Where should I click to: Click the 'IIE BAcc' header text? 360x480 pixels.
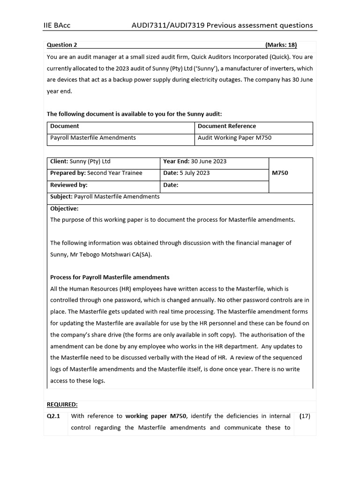point(57,25)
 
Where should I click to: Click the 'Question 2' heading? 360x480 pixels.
point(62,45)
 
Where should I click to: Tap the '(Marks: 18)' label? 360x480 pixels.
point(281,45)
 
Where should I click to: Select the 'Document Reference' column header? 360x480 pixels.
point(227,126)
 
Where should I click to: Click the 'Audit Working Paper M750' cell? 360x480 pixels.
point(234,138)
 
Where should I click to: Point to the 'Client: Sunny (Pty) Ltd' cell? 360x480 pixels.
point(80,161)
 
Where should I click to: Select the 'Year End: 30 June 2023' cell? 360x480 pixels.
point(195,161)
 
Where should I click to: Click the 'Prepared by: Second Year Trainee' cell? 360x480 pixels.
point(96,173)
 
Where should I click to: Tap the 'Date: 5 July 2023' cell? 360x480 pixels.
point(186,173)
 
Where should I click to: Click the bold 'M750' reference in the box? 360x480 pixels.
point(280,173)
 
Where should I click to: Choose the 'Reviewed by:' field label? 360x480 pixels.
point(69,185)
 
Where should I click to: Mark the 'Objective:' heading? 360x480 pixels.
point(64,209)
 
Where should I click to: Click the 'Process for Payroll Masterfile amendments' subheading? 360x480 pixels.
point(110,277)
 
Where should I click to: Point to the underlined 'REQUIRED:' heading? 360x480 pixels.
point(62,405)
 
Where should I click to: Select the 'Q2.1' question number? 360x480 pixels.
point(55,416)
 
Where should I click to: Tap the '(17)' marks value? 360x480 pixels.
point(305,416)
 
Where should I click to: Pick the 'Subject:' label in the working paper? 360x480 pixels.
point(61,197)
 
